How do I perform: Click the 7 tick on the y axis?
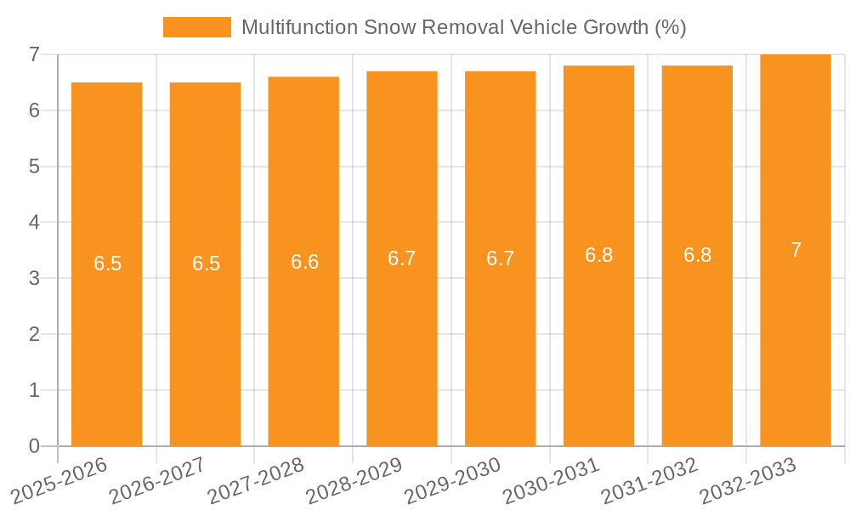(x=34, y=54)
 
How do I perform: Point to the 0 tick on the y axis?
(x=34, y=446)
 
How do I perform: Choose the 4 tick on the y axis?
(x=34, y=223)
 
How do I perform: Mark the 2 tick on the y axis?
(x=34, y=335)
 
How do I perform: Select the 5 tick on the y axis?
(x=34, y=167)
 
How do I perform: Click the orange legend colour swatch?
(x=196, y=27)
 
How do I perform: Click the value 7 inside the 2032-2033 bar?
(x=796, y=250)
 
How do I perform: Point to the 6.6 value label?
(x=304, y=262)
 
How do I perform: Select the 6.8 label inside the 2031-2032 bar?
(x=697, y=255)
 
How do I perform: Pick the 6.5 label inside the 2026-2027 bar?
(x=206, y=263)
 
